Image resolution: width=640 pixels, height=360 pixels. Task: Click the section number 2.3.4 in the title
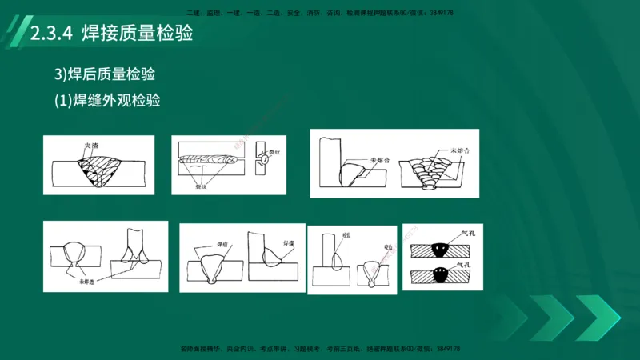(x=51, y=35)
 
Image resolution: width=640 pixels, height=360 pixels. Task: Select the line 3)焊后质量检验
(x=104, y=74)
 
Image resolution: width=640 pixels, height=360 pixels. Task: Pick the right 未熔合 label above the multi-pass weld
(x=458, y=150)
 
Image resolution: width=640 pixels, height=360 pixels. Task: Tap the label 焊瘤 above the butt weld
(x=212, y=241)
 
